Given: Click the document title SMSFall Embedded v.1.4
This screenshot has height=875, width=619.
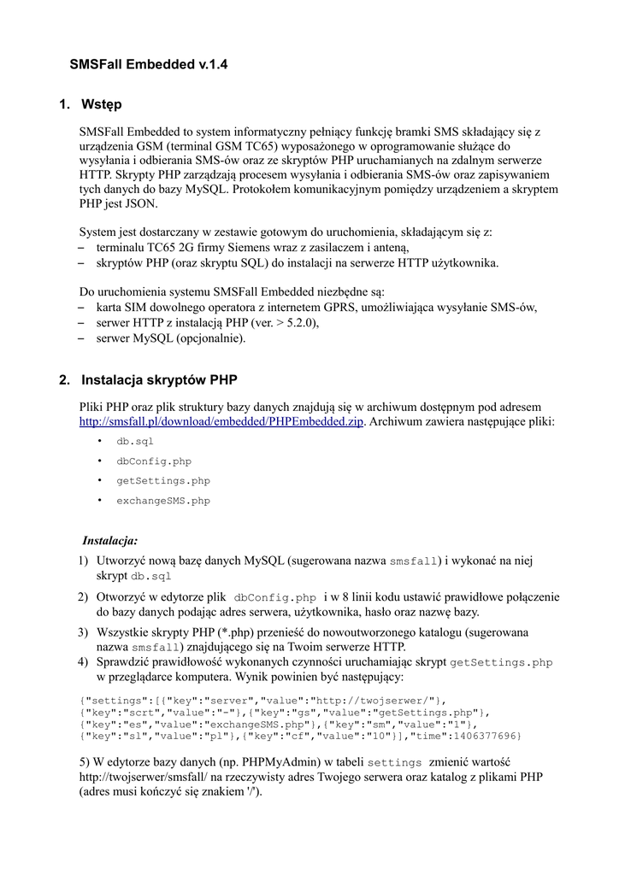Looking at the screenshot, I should pyautogui.click(x=148, y=63).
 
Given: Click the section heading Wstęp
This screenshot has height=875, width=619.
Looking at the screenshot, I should pyautogui.click(x=102, y=104).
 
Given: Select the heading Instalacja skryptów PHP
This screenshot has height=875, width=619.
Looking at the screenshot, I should pyautogui.click(x=159, y=379).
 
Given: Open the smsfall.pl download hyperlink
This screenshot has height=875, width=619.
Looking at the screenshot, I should pyautogui.click(x=221, y=422).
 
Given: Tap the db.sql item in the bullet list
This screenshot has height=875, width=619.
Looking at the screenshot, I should pyautogui.click(x=135, y=442).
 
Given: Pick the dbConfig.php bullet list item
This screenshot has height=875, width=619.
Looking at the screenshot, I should pyautogui.click(x=154, y=461).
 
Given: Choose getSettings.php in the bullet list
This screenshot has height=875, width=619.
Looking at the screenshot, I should pyautogui.click(x=163, y=481).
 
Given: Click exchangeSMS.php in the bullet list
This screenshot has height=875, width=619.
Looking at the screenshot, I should pyautogui.click(x=163, y=501).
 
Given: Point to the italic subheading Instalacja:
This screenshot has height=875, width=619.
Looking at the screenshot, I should pyautogui.click(x=109, y=540).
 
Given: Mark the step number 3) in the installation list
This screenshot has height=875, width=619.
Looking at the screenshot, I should pyautogui.click(x=83, y=632).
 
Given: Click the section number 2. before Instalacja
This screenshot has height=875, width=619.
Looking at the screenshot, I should pyautogui.click(x=65, y=379).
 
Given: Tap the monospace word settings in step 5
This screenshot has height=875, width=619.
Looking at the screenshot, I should pyautogui.click(x=395, y=762).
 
